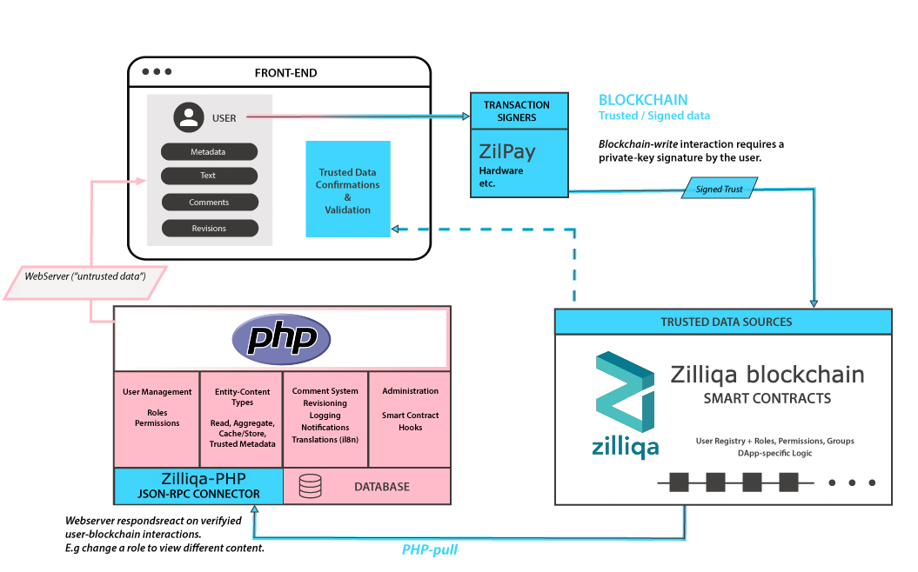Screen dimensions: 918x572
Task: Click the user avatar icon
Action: coord(189,117)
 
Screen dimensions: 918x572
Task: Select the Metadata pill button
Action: coord(209,151)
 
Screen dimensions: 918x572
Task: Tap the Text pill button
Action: coord(209,176)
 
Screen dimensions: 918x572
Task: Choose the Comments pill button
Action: coord(210,202)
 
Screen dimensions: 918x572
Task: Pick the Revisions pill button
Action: coord(210,228)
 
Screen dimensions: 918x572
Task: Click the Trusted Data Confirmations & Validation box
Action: coord(348,189)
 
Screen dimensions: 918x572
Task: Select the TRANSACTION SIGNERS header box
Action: coord(519,110)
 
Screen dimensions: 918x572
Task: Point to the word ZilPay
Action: coord(507,151)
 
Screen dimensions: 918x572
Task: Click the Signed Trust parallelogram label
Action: coord(720,189)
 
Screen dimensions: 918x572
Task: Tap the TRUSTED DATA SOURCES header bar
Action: coord(724,322)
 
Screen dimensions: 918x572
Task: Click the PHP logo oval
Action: coord(282,339)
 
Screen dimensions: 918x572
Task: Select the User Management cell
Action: coord(157,419)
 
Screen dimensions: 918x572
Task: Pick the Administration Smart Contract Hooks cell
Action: coord(410,419)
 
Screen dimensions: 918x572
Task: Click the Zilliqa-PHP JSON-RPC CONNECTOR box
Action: coord(198,486)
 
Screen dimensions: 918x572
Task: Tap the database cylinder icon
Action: coord(311,486)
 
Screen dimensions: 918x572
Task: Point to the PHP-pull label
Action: coord(430,549)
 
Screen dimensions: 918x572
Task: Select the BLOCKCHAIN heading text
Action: coord(643,100)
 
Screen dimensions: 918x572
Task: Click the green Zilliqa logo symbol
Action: coord(625,392)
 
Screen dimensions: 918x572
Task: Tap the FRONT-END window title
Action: coord(285,73)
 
